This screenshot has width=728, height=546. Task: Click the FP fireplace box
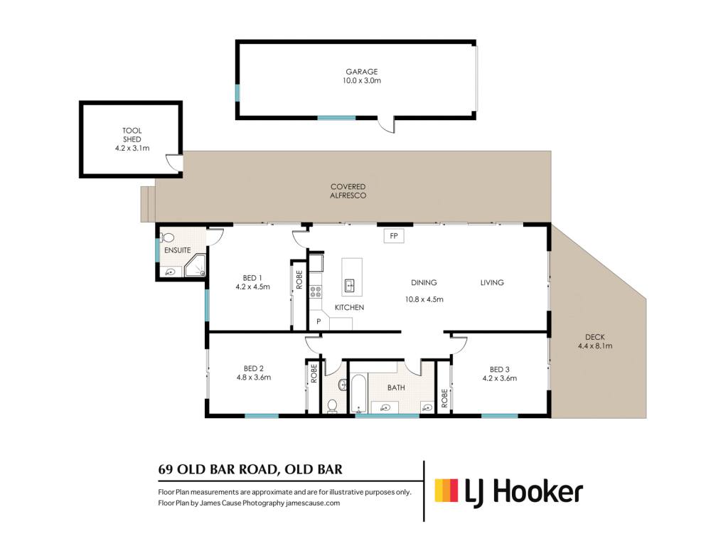tap(394, 236)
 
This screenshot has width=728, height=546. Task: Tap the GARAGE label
tap(362, 72)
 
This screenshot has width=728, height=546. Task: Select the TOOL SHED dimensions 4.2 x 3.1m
tap(132, 148)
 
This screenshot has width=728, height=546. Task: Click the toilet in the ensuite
tap(167, 237)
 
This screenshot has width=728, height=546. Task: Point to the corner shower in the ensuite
tap(196, 267)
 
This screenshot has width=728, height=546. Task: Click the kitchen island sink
tap(350, 284)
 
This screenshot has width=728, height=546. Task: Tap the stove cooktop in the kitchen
tap(316, 291)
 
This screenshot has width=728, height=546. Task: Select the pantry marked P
tap(318, 321)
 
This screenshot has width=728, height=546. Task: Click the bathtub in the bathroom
tap(359, 394)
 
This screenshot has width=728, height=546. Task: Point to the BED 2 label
tap(254, 368)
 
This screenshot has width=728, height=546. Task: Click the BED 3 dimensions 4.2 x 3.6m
tap(500, 378)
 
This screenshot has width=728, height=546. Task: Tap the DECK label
tap(595, 337)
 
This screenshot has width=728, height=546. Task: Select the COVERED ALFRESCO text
tap(348, 191)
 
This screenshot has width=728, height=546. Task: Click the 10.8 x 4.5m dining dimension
tap(424, 299)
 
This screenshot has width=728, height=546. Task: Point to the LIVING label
tap(492, 282)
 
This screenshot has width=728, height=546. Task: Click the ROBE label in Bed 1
tap(299, 279)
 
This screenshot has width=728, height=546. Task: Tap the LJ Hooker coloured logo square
tap(446, 491)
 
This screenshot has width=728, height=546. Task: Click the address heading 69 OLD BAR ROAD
tap(218, 469)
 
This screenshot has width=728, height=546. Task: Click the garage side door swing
tap(386, 124)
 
